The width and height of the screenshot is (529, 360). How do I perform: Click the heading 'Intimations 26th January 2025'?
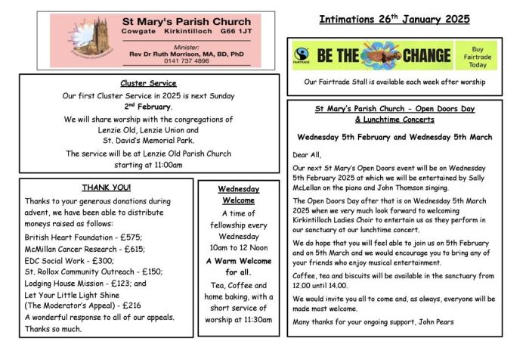tap(394, 19)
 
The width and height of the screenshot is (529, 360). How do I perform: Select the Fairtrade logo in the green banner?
tap(303, 55)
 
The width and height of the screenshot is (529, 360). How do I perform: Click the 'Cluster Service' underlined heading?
tap(148, 83)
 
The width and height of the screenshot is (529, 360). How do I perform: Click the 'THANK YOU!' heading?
tap(106, 187)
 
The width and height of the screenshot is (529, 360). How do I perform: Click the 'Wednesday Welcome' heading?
tap(239, 194)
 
